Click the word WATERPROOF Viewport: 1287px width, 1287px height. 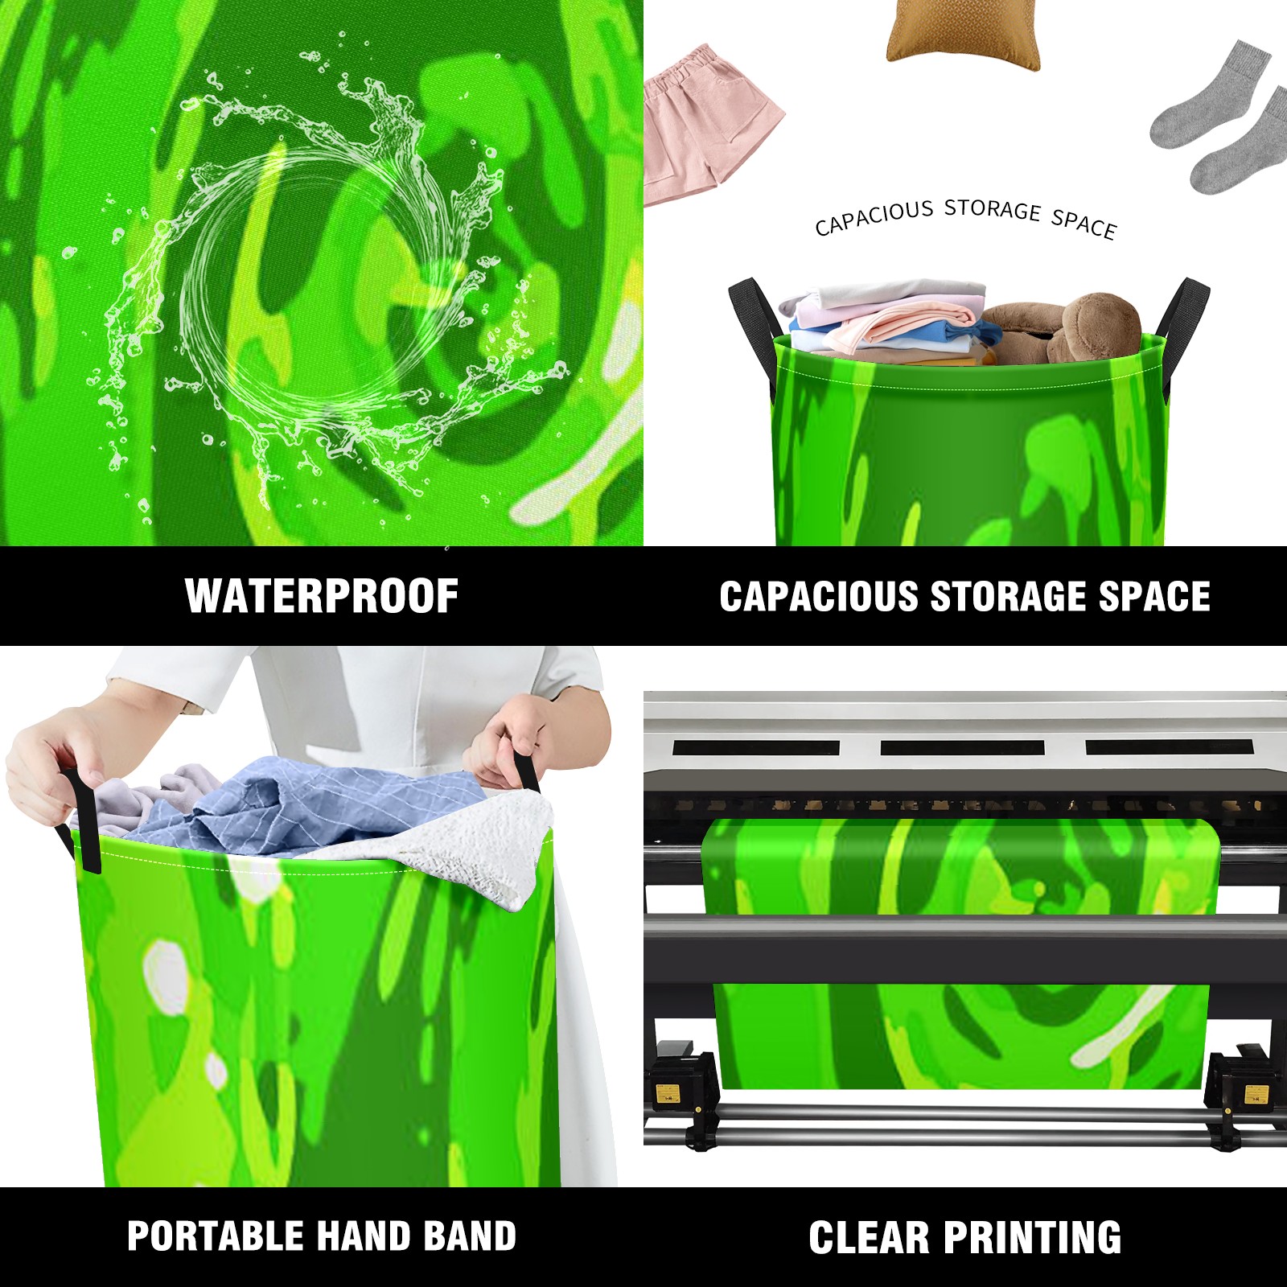pos(322,596)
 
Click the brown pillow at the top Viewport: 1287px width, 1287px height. pos(963,33)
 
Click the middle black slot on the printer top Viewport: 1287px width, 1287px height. pos(962,747)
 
